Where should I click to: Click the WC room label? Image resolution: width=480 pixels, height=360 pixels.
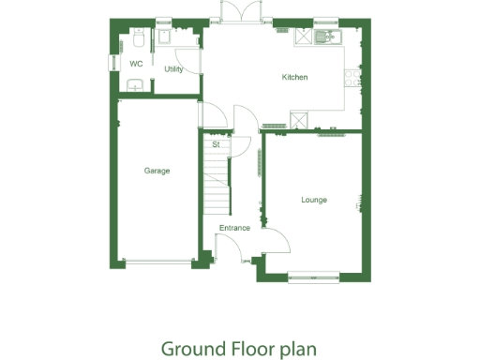point(136,65)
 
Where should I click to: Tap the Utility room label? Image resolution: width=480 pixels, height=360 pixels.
point(173,69)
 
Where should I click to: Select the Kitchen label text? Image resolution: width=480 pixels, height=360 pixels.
point(295,77)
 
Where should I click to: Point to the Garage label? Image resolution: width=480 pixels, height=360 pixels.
point(157,171)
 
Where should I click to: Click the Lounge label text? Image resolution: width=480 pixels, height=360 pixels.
point(314,199)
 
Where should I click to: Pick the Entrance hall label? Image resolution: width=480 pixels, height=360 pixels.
point(234,228)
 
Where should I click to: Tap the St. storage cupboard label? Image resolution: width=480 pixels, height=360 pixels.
point(216,145)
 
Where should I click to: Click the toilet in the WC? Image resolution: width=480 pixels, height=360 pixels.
point(138,40)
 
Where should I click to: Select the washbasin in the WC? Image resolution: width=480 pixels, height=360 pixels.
point(135,86)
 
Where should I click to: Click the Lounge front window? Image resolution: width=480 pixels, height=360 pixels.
point(313,275)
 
